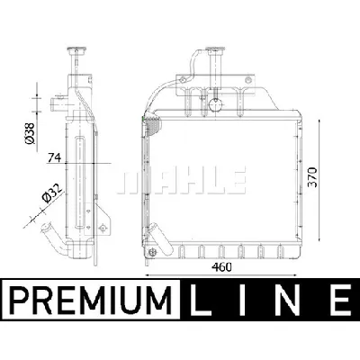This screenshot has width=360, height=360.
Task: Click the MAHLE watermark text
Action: [x=184, y=177]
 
